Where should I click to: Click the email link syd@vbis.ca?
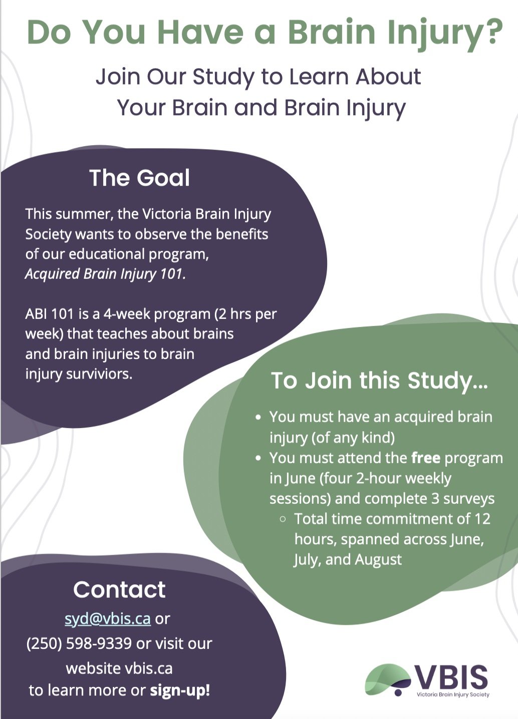click(107, 619)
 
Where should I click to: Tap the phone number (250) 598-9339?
click(79, 643)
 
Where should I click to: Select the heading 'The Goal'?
click(139, 178)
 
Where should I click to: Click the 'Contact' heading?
click(119, 589)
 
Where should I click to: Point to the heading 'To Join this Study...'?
click(379, 381)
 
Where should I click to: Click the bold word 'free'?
click(425, 458)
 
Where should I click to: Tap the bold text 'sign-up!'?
click(180, 690)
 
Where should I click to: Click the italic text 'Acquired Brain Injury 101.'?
click(105, 274)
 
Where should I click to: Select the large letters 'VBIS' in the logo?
click(451, 676)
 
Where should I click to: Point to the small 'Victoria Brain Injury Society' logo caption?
click(453, 694)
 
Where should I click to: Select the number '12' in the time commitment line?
click(482, 519)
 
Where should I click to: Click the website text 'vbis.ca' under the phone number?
click(148, 668)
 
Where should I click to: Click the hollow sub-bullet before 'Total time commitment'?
click(283, 519)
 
